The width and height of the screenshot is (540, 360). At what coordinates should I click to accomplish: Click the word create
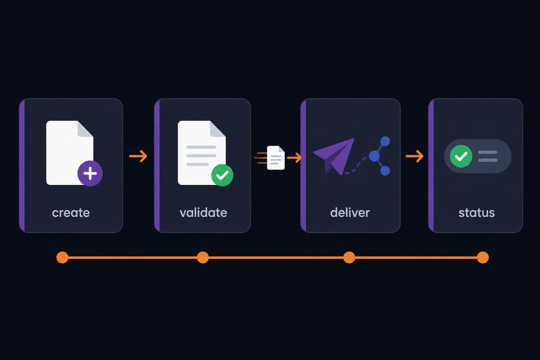[71, 213]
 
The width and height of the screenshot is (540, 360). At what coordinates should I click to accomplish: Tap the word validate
[203, 213]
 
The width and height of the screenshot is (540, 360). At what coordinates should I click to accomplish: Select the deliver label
[350, 213]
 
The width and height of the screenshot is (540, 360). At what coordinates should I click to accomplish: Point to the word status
[477, 213]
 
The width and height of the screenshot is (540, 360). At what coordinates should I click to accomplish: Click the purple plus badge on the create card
[90, 173]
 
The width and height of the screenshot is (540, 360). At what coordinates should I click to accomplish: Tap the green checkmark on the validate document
[222, 175]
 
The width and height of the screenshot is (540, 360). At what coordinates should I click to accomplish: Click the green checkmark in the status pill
[461, 156]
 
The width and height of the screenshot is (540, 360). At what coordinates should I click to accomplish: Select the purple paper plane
[334, 157]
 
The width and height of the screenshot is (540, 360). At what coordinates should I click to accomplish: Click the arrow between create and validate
[138, 156]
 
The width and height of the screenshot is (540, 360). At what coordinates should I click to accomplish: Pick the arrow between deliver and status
[415, 156]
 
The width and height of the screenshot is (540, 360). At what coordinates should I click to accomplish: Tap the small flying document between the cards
[276, 158]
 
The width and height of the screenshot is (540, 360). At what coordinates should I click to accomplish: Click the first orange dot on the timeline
[62, 257]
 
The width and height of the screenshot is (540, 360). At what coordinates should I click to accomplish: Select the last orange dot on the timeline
[483, 257]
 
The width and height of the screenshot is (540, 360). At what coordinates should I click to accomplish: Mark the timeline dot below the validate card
[203, 257]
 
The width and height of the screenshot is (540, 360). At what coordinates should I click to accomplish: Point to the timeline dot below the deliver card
[349, 257]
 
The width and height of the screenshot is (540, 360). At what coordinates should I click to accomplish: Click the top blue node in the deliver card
[385, 141]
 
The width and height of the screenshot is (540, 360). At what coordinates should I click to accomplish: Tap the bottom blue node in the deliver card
[385, 171]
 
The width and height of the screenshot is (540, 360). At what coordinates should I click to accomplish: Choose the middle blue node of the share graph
[374, 156]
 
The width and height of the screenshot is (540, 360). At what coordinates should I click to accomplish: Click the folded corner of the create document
[85, 129]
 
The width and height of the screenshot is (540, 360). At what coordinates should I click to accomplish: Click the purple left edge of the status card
[431, 165]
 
